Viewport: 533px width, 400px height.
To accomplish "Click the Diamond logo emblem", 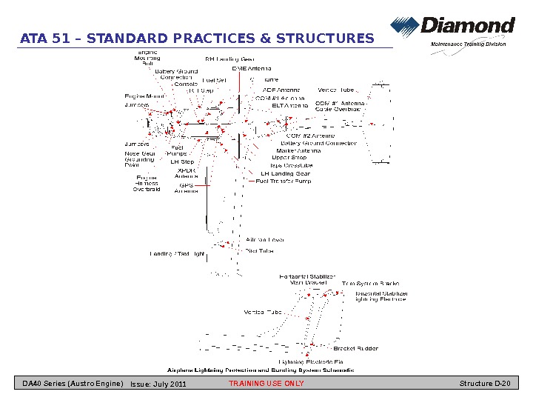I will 405,28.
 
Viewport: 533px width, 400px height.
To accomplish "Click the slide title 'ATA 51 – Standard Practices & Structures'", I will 196,39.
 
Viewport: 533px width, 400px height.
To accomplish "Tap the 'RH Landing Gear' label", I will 229,59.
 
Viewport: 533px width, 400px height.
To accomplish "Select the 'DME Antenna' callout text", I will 251,68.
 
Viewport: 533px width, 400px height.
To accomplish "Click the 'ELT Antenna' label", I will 290,105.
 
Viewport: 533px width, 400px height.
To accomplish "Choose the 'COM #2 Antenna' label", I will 310,136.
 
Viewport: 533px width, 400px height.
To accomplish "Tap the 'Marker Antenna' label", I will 298,150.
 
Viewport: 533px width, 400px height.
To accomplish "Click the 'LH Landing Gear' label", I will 285,173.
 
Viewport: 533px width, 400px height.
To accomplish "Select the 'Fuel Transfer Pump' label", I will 284,181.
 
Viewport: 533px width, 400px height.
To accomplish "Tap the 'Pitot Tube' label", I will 259,251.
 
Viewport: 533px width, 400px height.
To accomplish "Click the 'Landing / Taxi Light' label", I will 177,254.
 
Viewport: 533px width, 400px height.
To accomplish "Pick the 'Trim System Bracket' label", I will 370,284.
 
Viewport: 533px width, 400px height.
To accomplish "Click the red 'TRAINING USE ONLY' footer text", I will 266,384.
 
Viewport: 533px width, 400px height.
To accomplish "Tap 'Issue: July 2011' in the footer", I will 158,384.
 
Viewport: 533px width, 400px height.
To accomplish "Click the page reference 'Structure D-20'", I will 485,384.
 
